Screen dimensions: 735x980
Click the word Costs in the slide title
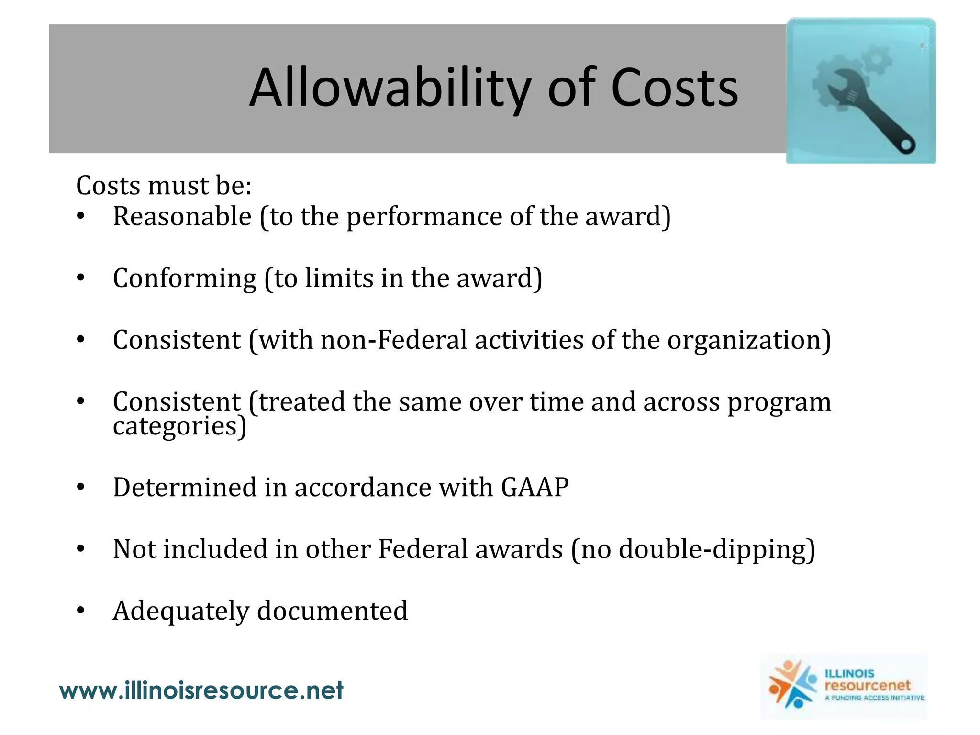click(674, 89)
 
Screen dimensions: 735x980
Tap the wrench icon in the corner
click(861, 91)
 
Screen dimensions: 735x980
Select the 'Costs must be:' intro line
click(164, 186)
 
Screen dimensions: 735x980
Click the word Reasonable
click(182, 216)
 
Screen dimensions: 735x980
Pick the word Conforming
click(185, 278)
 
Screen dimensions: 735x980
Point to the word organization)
click(749, 341)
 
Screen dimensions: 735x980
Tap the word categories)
click(179, 426)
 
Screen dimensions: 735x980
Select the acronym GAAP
click(535, 488)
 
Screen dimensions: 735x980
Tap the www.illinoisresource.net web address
click(201, 690)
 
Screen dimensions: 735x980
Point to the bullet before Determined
click(80, 488)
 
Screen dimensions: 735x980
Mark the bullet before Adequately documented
click(80, 611)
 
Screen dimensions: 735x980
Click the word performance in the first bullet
click(423, 217)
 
